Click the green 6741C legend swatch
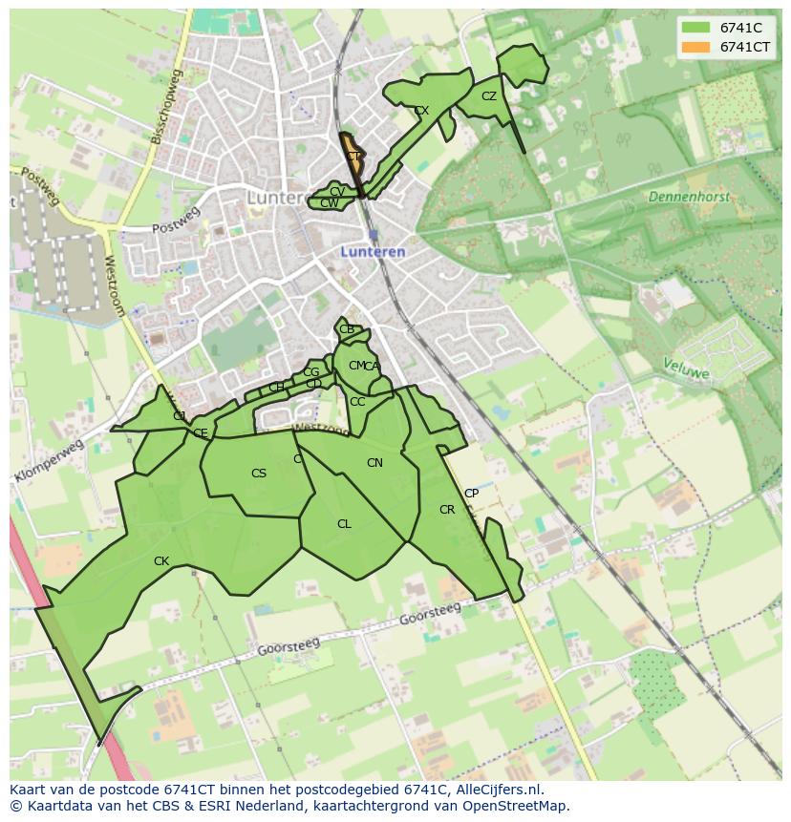coord(696,28)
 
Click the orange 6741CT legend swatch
coord(696,47)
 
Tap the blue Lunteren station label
coord(374,252)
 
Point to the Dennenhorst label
coord(688,197)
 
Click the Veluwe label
coord(687,369)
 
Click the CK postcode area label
coord(161,561)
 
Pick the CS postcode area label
coord(259,474)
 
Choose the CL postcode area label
coord(344,524)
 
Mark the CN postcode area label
coord(374,463)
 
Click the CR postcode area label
coord(447,510)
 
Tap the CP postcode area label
coord(471,494)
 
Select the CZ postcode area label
coord(489,96)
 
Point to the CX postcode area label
coord(421,111)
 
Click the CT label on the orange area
coord(353,157)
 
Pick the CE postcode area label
coord(201,433)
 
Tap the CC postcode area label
coord(357,402)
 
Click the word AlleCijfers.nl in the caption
coord(498,790)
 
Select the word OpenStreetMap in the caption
coord(517,806)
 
